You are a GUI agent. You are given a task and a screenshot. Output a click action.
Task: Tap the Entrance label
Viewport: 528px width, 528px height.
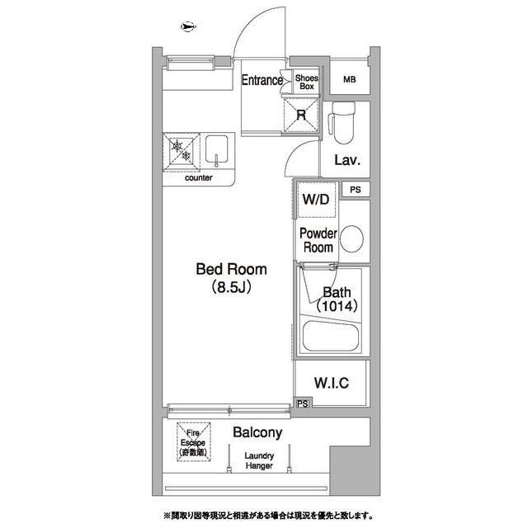pos(262,80)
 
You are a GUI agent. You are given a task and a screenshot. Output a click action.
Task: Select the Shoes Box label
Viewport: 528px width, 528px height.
pos(307,81)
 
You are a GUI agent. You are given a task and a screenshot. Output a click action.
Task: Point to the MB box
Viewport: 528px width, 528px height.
pos(350,80)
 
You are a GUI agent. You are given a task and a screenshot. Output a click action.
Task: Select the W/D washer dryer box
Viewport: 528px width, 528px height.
pos(315,200)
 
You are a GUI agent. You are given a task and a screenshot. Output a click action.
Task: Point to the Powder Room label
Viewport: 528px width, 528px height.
pos(318,240)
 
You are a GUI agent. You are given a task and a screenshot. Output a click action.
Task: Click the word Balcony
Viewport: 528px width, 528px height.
pos(257,432)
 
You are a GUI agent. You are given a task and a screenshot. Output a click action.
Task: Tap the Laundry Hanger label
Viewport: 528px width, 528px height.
pos(259,461)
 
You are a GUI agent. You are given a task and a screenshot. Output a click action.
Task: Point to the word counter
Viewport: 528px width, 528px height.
pos(199,177)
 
